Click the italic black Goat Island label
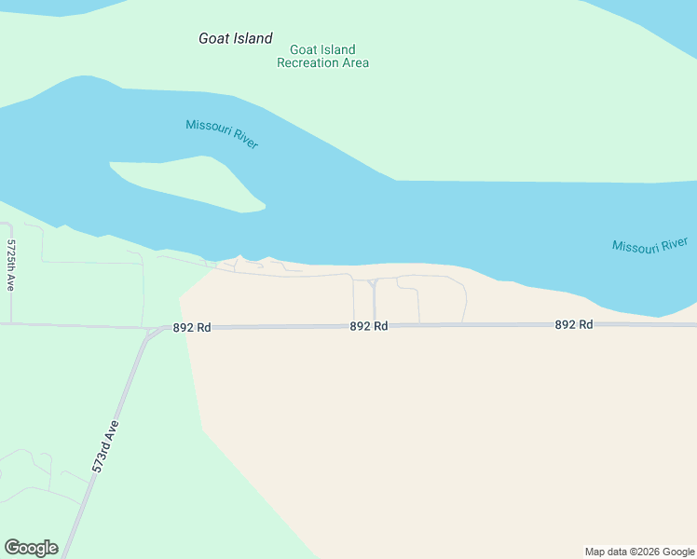[236, 39]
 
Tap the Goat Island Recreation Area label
[322, 56]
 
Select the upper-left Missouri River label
[222, 134]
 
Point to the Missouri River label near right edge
[649, 245]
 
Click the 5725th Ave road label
[11, 266]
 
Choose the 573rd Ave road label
[107, 447]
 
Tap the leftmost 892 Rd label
[192, 328]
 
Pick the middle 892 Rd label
[369, 326]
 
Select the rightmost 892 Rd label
[574, 324]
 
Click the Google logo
[31, 548]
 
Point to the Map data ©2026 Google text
[638, 552]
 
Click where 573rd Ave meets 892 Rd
[149, 330]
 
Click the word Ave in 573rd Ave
[114, 430]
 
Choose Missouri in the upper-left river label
[207, 129]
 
